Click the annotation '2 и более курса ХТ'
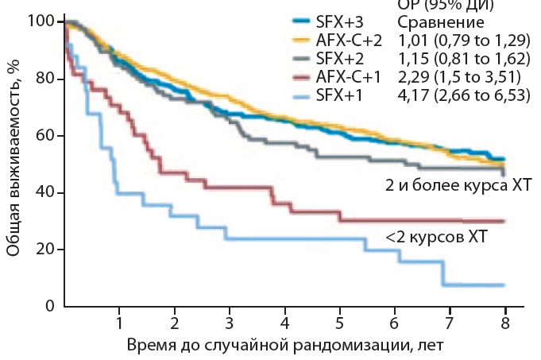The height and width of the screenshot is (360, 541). [455, 185]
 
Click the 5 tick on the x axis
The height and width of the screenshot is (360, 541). [339, 323]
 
